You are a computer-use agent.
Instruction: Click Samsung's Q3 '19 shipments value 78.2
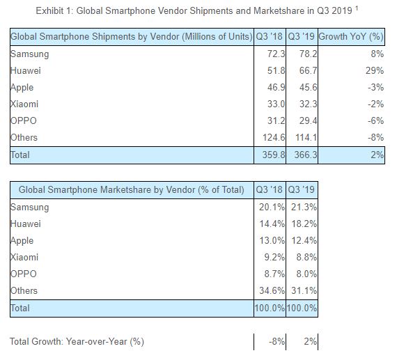tap(308, 54)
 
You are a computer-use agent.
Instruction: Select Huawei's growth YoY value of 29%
tap(375, 70)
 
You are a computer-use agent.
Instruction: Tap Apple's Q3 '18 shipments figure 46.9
tap(276, 87)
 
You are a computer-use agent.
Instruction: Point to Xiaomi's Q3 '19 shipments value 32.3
tap(308, 104)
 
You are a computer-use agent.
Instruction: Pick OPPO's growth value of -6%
tap(375, 120)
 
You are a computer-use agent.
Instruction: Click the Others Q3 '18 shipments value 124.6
tap(274, 137)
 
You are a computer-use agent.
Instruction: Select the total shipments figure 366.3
tap(306, 155)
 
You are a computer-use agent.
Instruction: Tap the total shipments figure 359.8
tap(274, 155)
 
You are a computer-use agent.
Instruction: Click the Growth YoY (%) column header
tap(351, 37)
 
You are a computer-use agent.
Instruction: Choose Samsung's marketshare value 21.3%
tap(304, 207)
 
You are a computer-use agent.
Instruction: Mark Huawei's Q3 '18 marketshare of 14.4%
tap(272, 224)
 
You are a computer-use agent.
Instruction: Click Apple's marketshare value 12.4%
tap(304, 240)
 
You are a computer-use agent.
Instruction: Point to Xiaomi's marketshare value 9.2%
tap(274, 257)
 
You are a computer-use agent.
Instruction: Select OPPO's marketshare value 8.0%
tap(306, 274)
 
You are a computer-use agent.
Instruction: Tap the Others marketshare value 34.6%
tap(272, 290)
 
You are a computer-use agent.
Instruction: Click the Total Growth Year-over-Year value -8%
tap(277, 341)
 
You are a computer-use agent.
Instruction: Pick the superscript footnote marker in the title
tap(357, 8)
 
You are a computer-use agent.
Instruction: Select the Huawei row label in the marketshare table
tap(26, 224)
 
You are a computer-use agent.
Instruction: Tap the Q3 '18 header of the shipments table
tap(269, 36)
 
